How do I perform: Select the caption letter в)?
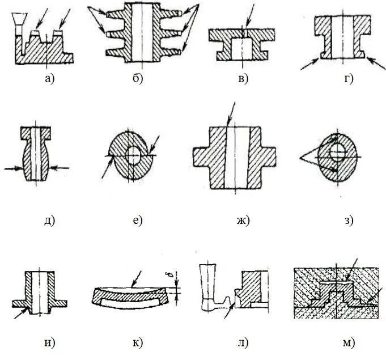243,79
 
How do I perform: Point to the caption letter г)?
348,79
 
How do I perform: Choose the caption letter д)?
48,221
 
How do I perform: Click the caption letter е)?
137,221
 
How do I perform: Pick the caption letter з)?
348,221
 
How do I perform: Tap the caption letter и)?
49,343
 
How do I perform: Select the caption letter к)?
138,343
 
